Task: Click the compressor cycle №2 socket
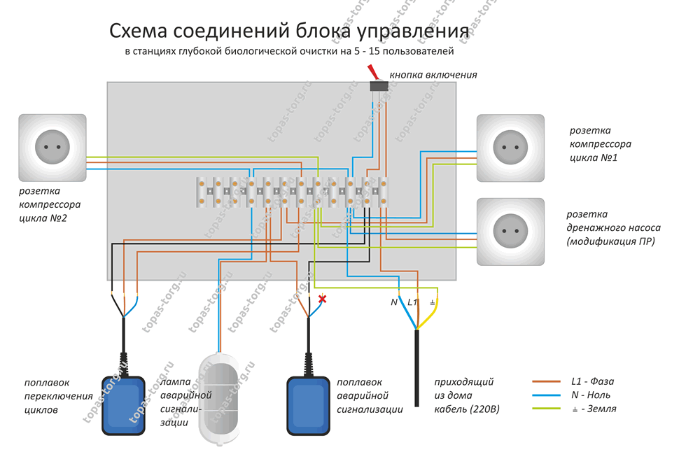(x=52, y=148)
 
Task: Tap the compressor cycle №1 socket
(x=510, y=148)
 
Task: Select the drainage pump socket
(x=510, y=232)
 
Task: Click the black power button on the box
(x=379, y=85)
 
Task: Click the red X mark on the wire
(x=323, y=299)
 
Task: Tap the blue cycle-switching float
(x=124, y=404)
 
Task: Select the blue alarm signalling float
(x=308, y=404)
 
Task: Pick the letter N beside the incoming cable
(x=394, y=302)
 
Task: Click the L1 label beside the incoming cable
(x=412, y=302)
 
